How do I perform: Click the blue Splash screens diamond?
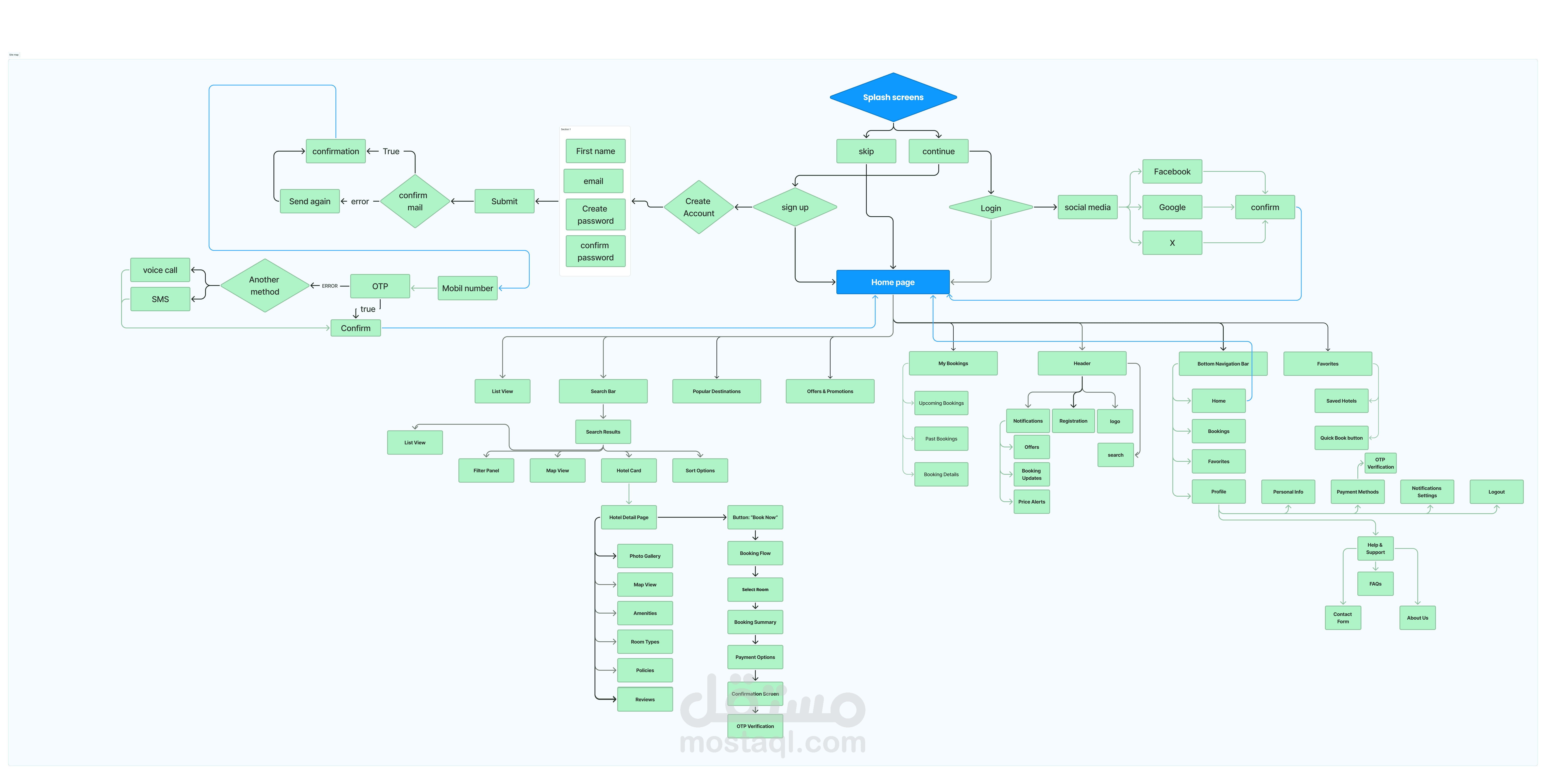coord(893,97)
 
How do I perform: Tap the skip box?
coord(866,151)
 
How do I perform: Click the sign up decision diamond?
coord(795,207)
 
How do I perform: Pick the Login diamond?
coord(990,208)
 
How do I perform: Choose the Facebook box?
coord(1171,172)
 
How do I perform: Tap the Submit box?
coord(504,201)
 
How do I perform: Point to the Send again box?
coord(310,201)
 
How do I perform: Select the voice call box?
coord(160,270)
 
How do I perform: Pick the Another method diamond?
coord(265,286)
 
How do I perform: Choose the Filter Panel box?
coord(486,471)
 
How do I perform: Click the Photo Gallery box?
coord(645,556)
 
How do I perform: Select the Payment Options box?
coord(755,657)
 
